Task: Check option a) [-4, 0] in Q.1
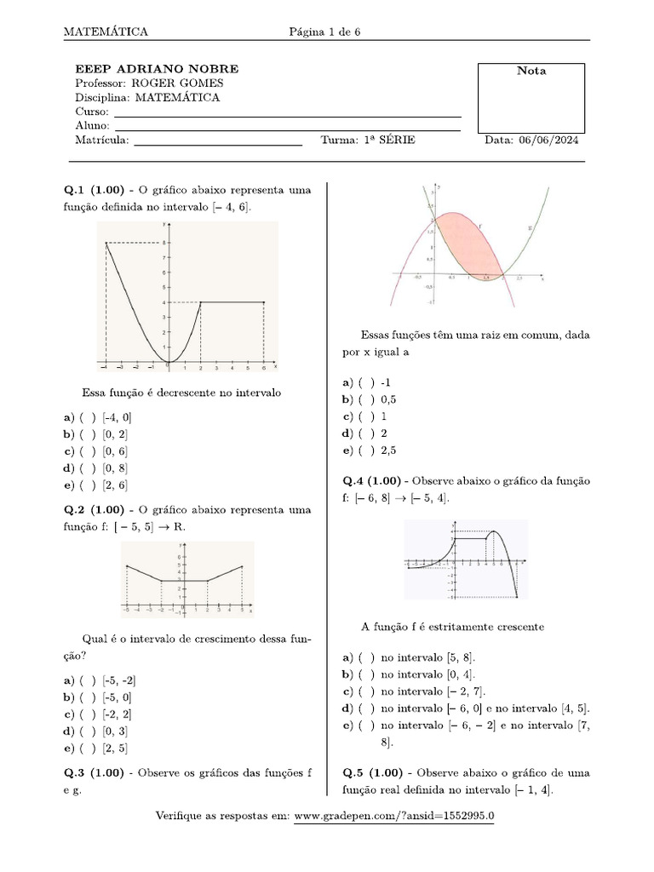point(89,417)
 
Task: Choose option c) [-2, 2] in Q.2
point(89,714)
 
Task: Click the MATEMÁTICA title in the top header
point(106,32)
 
